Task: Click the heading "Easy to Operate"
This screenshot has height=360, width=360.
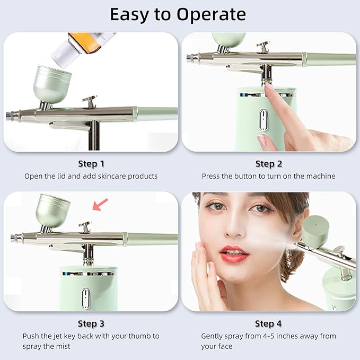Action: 178,14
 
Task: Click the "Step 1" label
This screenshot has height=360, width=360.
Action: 91,164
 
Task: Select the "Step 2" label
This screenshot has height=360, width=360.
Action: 268,164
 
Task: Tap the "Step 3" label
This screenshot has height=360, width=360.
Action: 91,323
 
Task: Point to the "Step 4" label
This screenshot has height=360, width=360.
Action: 268,323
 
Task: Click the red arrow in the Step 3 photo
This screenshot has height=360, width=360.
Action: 100,204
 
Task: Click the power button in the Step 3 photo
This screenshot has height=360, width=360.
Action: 85,298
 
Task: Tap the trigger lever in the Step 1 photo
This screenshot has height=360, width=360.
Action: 90,101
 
